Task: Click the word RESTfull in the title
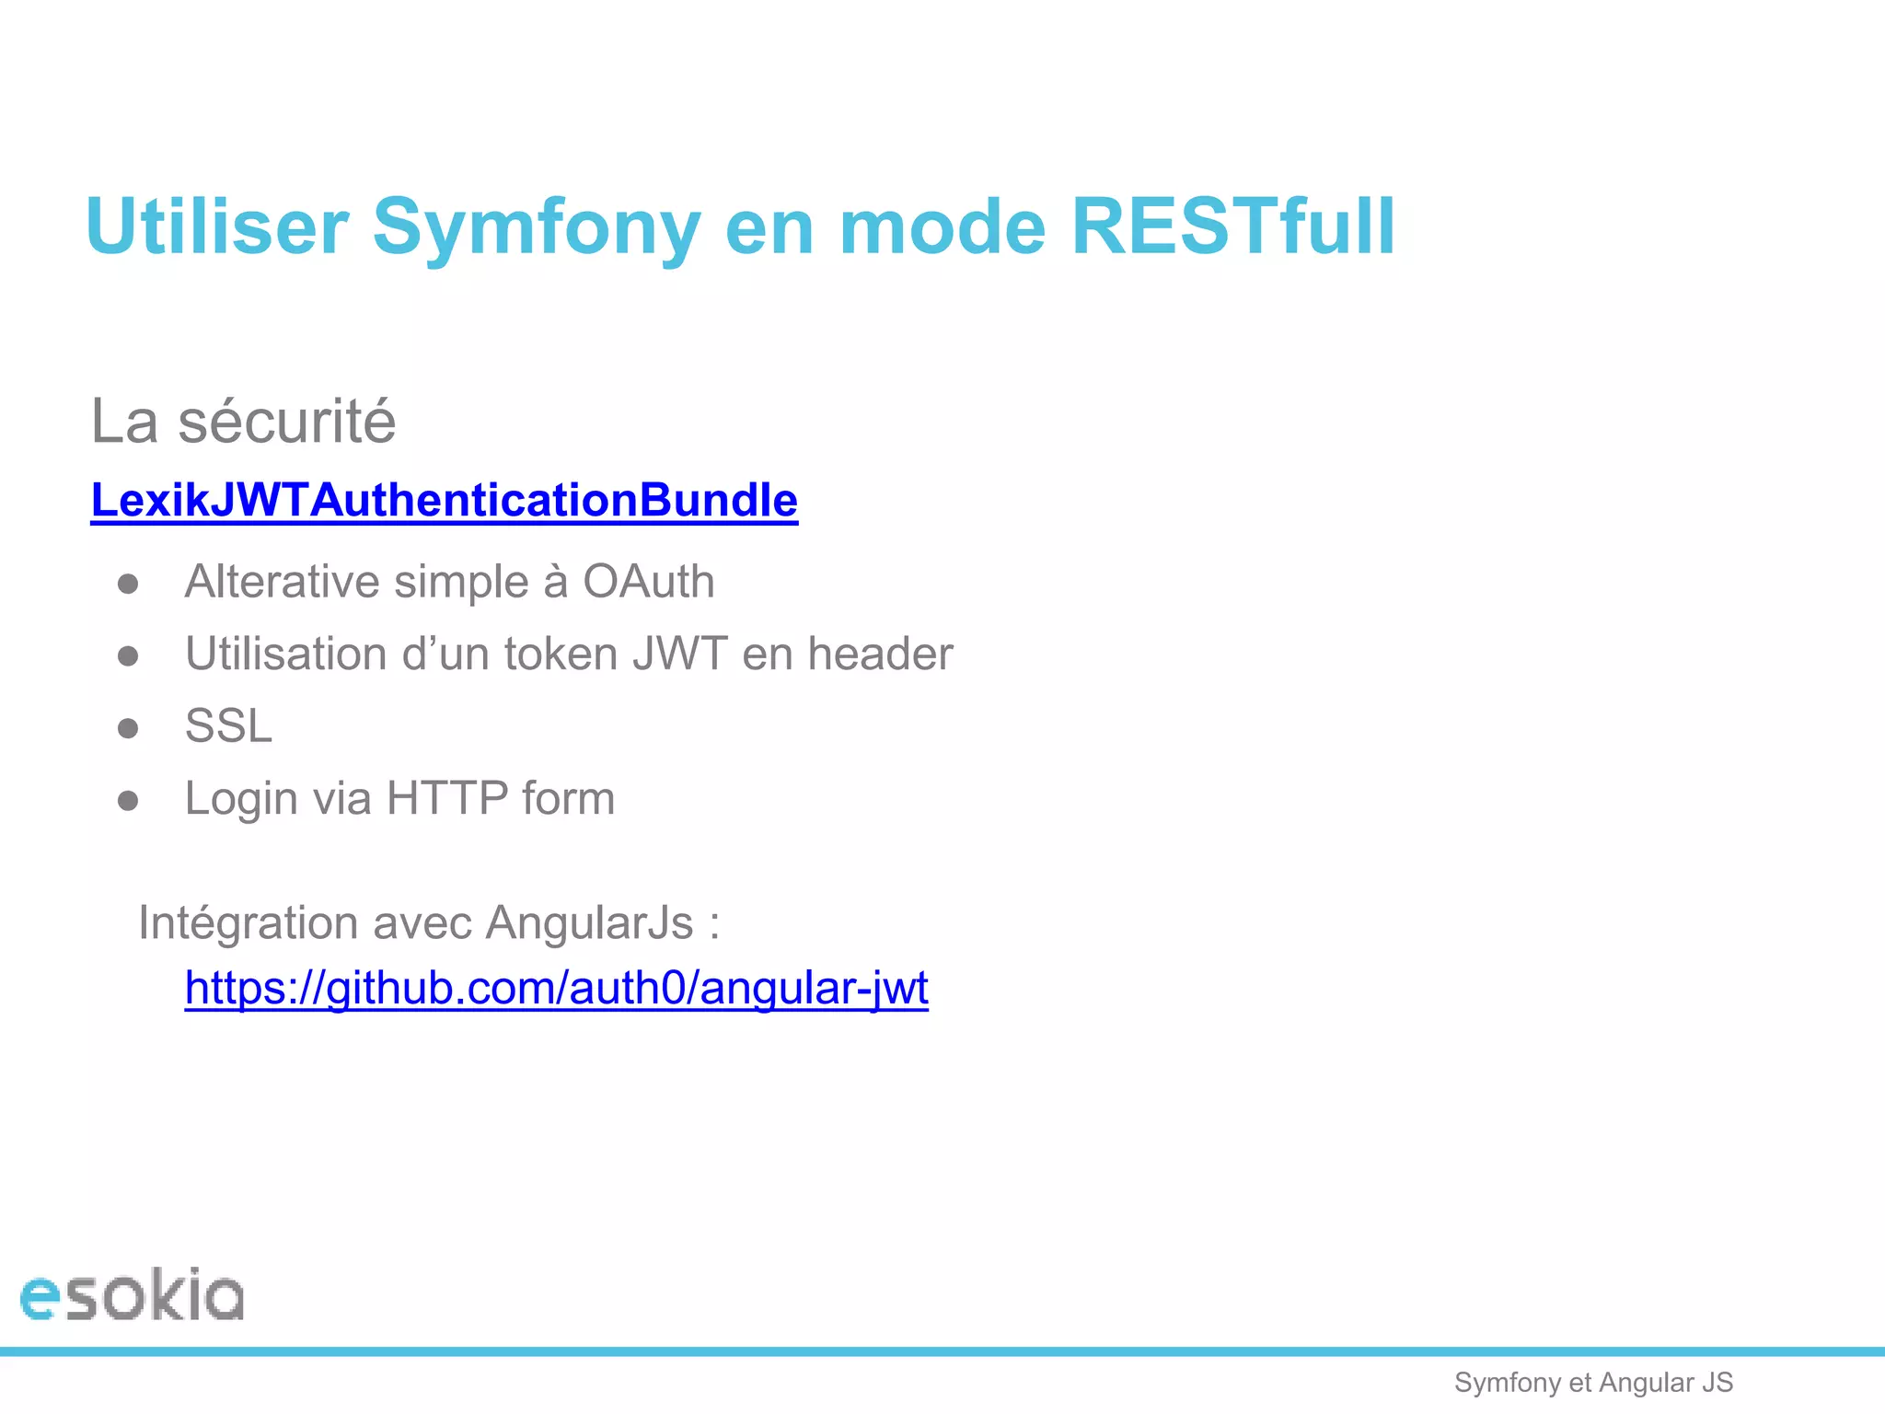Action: pyautogui.click(x=1233, y=226)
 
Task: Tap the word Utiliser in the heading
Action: pyautogui.click(x=217, y=226)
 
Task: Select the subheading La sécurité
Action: pyautogui.click(x=243, y=422)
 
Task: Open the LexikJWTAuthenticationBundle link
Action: pyautogui.click(x=444, y=501)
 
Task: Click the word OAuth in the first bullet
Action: pyautogui.click(x=648, y=582)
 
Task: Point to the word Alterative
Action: pyautogui.click(x=282, y=582)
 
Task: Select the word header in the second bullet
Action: pyautogui.click(x=880, y=655)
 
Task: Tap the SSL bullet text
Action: pyautogui.click(x=228, y=726)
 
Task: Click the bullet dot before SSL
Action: pyautogui.click(x=128, y=728)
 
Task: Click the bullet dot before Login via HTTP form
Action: pyautogui.click(x=128, y=801)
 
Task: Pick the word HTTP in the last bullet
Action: pyautogui.click(x=447, y=798)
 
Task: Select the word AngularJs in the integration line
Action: pyautogui.click(x=589, y=922)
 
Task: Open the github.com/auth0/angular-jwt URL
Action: pyautogui.click(x=556, y=989)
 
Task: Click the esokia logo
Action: pyautogui.click(x=133, y=1295)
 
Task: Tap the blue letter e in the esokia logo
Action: pyautogui.click(x=40, y=1299)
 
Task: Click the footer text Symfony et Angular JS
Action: pyautogui.click(x=1593, y=1383)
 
